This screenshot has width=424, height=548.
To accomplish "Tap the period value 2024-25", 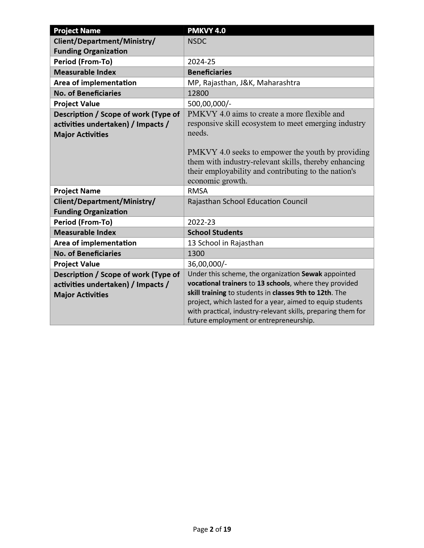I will pyautogui.click(x=201, y=62).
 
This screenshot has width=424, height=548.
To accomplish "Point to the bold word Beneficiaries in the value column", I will pyautogui.click(x=210, y=72).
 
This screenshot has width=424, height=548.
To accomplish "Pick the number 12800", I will pyautogui.click(x=198, y=93).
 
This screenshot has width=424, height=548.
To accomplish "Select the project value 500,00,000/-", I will pyautogui.click(x=209, y=104).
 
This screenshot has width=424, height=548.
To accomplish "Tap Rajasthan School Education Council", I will pyautogui.click(x=247, y=201).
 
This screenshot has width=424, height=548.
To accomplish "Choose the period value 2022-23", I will pyautogui.click(x=201, y=222).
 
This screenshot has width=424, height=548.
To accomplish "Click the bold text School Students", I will pyautogui.click(x=215, y=232).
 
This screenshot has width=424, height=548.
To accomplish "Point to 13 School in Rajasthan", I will pyautogui.click(x=225, y=243).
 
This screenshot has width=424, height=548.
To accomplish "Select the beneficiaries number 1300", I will pyautogui.click(x=196, y=254).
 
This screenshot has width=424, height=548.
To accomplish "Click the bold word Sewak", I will pyautogui.click(x=312, y=274).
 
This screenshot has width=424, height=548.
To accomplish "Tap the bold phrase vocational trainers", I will pyautogui.click(x=217, y=283).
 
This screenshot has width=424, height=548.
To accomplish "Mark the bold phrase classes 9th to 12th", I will pyautogui.click(x=302, y=293).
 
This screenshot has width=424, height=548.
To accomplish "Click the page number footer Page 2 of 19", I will pyautogui.click(x=212, y=529).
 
